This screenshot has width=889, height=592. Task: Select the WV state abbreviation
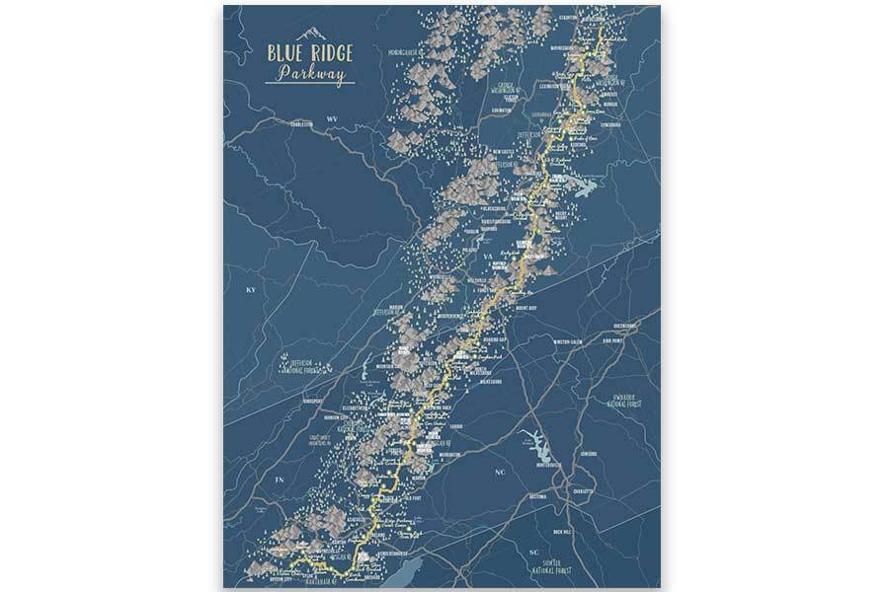333,118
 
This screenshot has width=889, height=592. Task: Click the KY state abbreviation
251,292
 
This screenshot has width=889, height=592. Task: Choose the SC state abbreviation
534,552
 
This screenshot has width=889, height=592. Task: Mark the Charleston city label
298,125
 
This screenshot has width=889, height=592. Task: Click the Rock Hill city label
563,533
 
